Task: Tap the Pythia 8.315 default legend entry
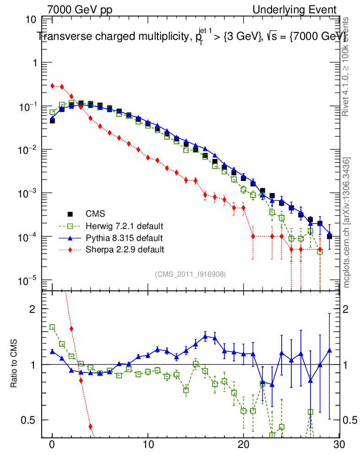click(124, 238)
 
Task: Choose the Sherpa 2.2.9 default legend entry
click(125, 250)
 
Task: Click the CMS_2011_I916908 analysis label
click(190, 274)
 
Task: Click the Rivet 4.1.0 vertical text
click(347, 66)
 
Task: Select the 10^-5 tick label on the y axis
click(28, 280)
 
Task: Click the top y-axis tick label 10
click(32, 20)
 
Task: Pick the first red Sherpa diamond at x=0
click(52, 86)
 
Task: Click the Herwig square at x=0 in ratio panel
click(52, 327)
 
